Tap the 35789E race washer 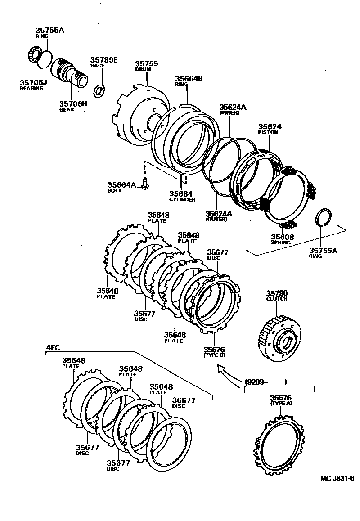pyautogui.click(x=99, y=90)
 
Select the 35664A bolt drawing pyautogui.click(x=145, y=184)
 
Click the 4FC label pyautogui.click(x=53, y=347)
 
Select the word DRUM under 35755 pyautogui.click(x=143, y=70)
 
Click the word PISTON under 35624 pyautogui.click(x=268, y=132)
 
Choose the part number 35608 pyautogui.click(x=282, y=236)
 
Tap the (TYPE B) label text pyautogui.click(x=213, y=355)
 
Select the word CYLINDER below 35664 pyautogui.click(x=182, y=199)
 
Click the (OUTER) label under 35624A pyautogui.click(x=216, y=219)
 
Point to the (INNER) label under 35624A pyautogui.click(x=229, y=113)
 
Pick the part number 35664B pyautogui.click(x=189, y=79)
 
